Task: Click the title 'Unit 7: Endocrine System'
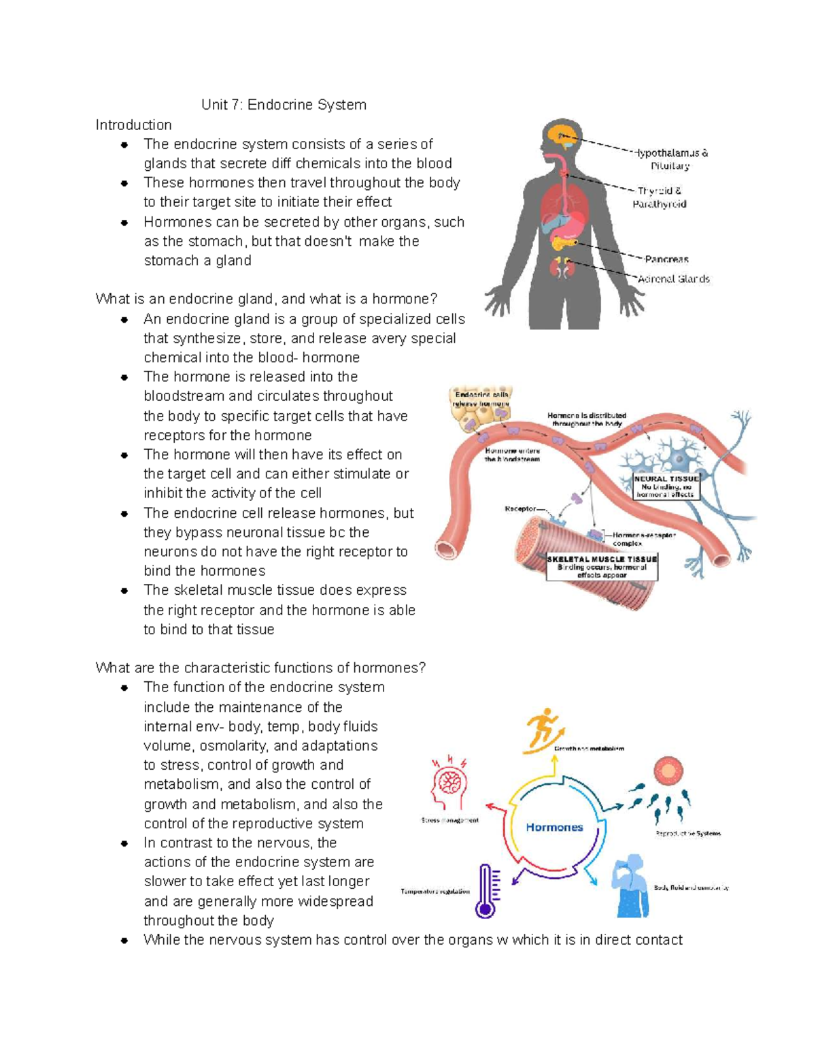tap(284, 105)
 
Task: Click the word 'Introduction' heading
tap(133, 125)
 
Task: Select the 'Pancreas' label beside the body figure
tap(666, 259)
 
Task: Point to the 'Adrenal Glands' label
tap(673, 278)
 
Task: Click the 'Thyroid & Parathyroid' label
tap(660, 197)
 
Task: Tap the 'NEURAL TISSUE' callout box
tap(666, 487)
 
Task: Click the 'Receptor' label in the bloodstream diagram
tap(520, 508)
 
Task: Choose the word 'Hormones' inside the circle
tap(554, 828)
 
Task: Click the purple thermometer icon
tap(486, 891)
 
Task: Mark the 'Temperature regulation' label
tap(435, 892)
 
